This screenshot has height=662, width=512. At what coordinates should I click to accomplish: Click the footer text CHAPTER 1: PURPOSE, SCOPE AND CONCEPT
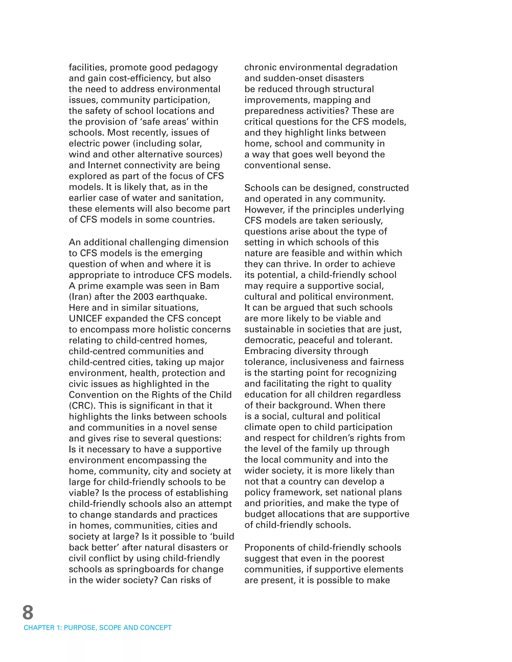coord(98,628)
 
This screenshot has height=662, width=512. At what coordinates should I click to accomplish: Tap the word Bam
coord(210,286)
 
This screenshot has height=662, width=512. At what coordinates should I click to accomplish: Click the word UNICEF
coord(85,319)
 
